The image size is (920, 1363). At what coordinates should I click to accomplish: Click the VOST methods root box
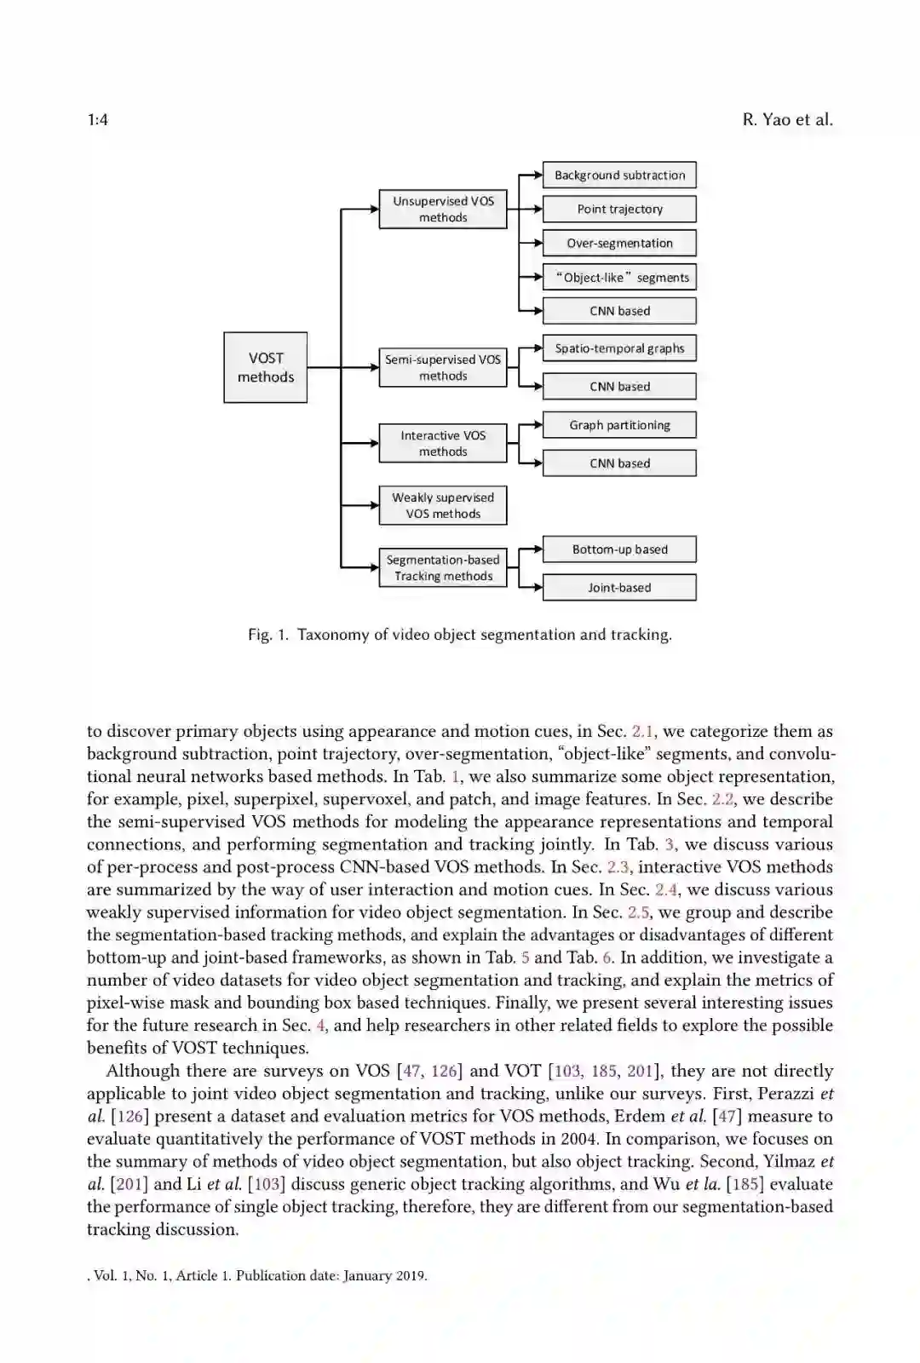click(x=265, y=367)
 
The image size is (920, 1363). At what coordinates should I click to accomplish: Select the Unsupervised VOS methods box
click(x=443, y=210)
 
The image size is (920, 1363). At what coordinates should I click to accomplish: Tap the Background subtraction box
click(x=619, y=175)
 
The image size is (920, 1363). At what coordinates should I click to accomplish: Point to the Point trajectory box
click(x=619, y=210)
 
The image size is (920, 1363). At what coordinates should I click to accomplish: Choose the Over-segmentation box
click(x=619, y=244)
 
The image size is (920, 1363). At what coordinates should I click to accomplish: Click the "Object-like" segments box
click(x=619, y=278)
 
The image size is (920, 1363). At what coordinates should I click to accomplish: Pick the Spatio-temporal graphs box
click(x=619, y=348)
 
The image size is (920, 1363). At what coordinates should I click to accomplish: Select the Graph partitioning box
click(x=619, y=425)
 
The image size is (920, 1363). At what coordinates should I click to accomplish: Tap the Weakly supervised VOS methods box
click(x=443, y=506)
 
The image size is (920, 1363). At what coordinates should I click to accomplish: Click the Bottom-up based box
click(x=619, y=549)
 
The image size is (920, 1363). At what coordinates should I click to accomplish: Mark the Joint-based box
click(x=619, y=588)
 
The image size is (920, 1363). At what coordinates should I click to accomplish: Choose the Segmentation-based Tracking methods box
click(x=443, y=568)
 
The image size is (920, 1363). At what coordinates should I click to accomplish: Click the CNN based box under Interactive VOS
click(x=619, y=463)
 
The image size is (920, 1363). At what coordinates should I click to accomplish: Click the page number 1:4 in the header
click(x=97, y=120)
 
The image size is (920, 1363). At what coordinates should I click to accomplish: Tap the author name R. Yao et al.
click(x=787, y=120)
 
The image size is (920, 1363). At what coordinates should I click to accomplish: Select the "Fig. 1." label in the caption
click(x=268, y=635)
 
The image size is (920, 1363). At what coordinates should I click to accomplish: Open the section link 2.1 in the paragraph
click(x=643, y=732)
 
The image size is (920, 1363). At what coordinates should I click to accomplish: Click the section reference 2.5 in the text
click(x=638, y=912)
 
